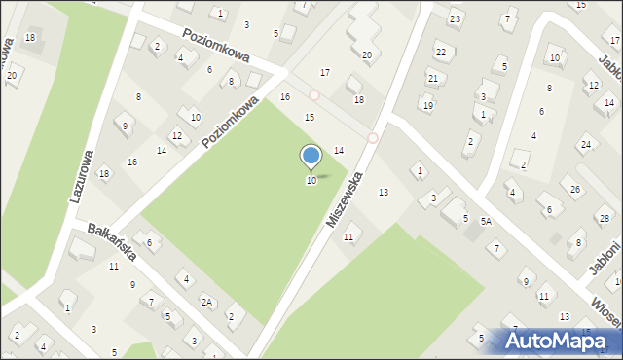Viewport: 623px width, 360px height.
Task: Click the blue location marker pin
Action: pos(311,157)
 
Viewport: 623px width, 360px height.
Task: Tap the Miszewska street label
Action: pos(345,199)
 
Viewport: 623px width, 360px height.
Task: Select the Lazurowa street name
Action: pos(81,175)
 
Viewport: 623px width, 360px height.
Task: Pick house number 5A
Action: pos(485,222)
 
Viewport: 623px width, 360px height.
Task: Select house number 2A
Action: pos(207,303)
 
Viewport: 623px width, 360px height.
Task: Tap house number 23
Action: pos(455,19)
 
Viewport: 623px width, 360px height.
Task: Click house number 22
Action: pos(440,52)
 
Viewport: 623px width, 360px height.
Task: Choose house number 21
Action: pos(433,78)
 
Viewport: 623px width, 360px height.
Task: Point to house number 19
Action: pos(427,105)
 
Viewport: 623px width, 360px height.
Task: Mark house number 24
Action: pos(585,145)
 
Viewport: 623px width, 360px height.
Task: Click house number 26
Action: pos(575,189)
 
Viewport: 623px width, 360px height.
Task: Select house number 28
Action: pos(602,216)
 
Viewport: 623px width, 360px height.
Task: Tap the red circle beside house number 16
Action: pos(314,95)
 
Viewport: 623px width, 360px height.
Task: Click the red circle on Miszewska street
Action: pos(373,138)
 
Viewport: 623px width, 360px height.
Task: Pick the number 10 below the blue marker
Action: pos(311,181)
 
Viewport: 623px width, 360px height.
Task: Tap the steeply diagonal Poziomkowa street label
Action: pos(231,122)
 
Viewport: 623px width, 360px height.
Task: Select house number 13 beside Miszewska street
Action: pos(384,193)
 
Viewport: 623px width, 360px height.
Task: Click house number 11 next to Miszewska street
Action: pos(348,237)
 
